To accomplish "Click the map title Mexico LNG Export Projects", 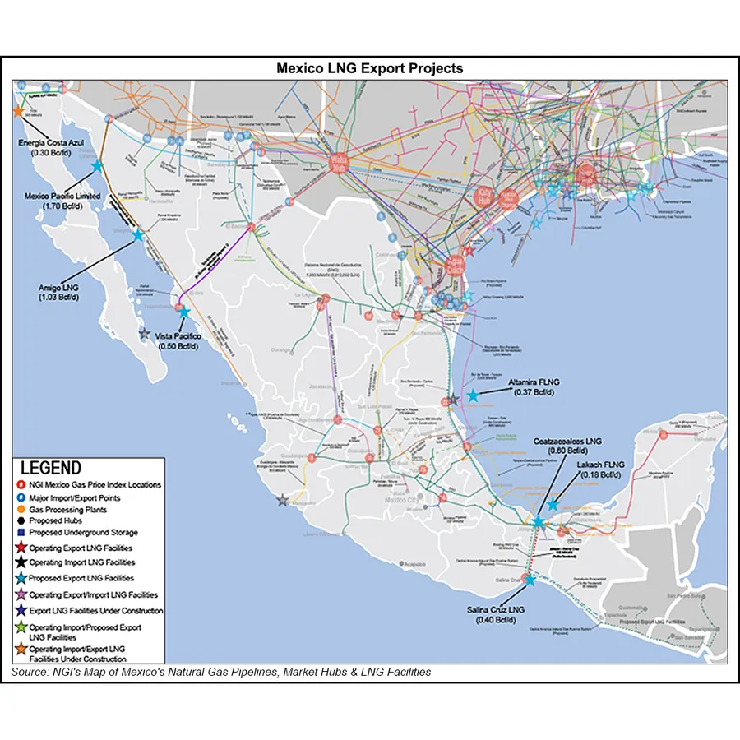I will pos(369,68).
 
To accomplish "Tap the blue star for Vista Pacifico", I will pos(183,312).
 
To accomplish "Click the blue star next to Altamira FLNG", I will pos(472,396).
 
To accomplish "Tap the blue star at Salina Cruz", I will pos(529,580).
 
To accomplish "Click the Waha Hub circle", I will pos(338,163).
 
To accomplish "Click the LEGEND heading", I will pos(51,468).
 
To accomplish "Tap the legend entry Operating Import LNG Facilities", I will pos(81,563).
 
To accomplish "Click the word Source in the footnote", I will pos(31,673).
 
